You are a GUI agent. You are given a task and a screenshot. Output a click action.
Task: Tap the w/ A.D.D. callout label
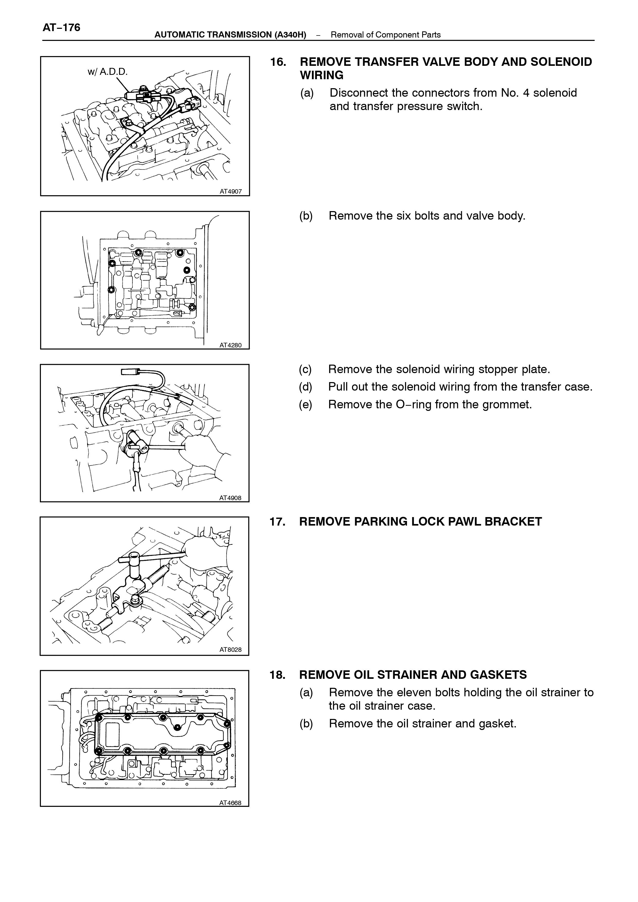108,72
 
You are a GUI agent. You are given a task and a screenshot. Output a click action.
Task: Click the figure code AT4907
231,192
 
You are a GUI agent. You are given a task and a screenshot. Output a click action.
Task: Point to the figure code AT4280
231,345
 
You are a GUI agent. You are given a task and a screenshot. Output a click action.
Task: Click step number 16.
278,62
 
